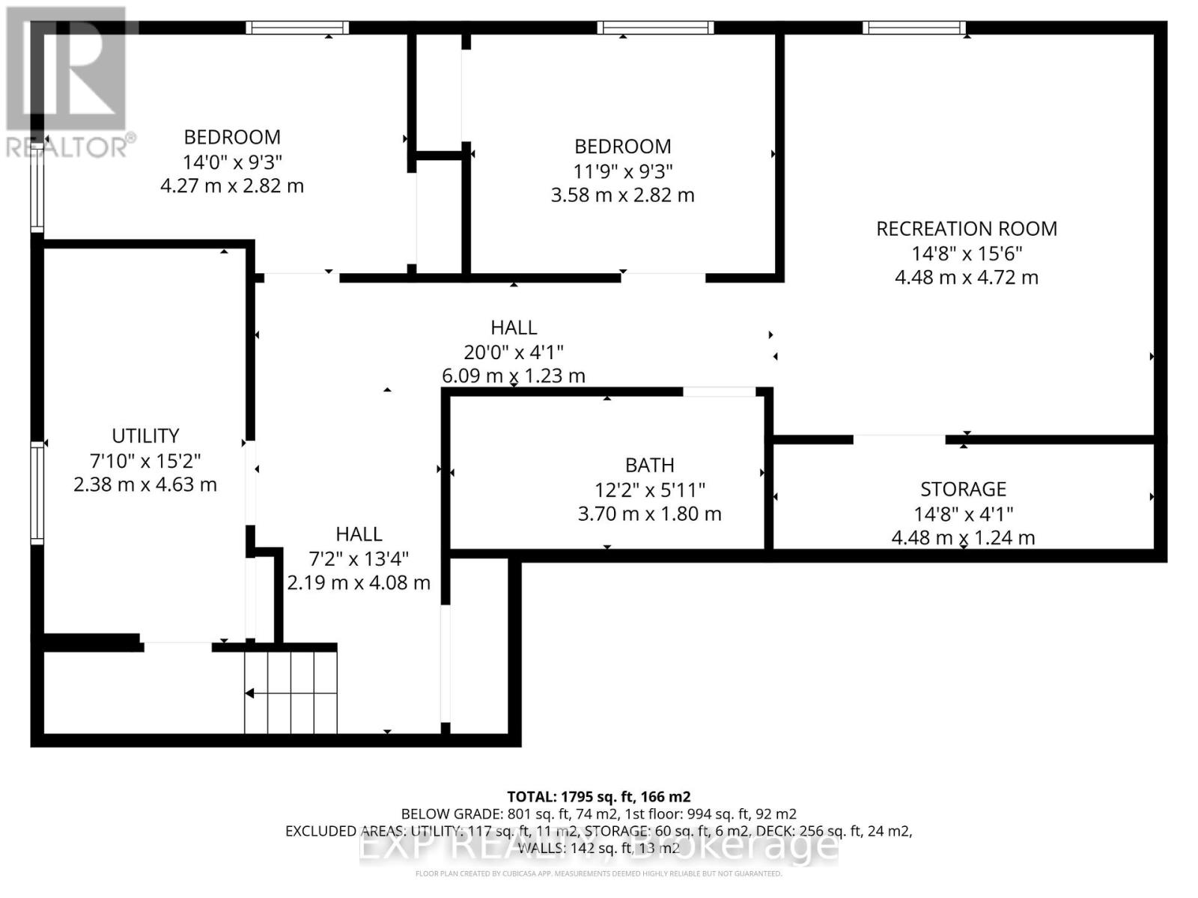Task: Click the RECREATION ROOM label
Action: point(966,229)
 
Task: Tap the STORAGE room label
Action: point(963,489)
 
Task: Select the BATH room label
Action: point(649,465)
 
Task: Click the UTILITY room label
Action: point(145,436)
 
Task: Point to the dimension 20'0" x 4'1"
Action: point(514,352)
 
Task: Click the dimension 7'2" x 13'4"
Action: point(359,558)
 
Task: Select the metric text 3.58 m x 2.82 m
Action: point(622,195)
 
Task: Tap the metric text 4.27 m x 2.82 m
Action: point(232,186)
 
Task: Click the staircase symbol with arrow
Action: point(291,692)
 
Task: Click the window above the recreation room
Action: point(914,28)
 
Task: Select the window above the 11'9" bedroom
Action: point(655,28)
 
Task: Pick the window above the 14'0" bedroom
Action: point(298,28)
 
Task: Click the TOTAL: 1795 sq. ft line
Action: point(598,796)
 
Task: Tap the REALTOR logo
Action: point(69,82)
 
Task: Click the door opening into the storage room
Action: point(899,439)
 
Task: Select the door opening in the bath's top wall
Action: point(719,391)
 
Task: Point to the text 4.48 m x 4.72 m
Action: point(966,278)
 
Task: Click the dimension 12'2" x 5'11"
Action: point(649,490)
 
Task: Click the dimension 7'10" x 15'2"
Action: point(145,460)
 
